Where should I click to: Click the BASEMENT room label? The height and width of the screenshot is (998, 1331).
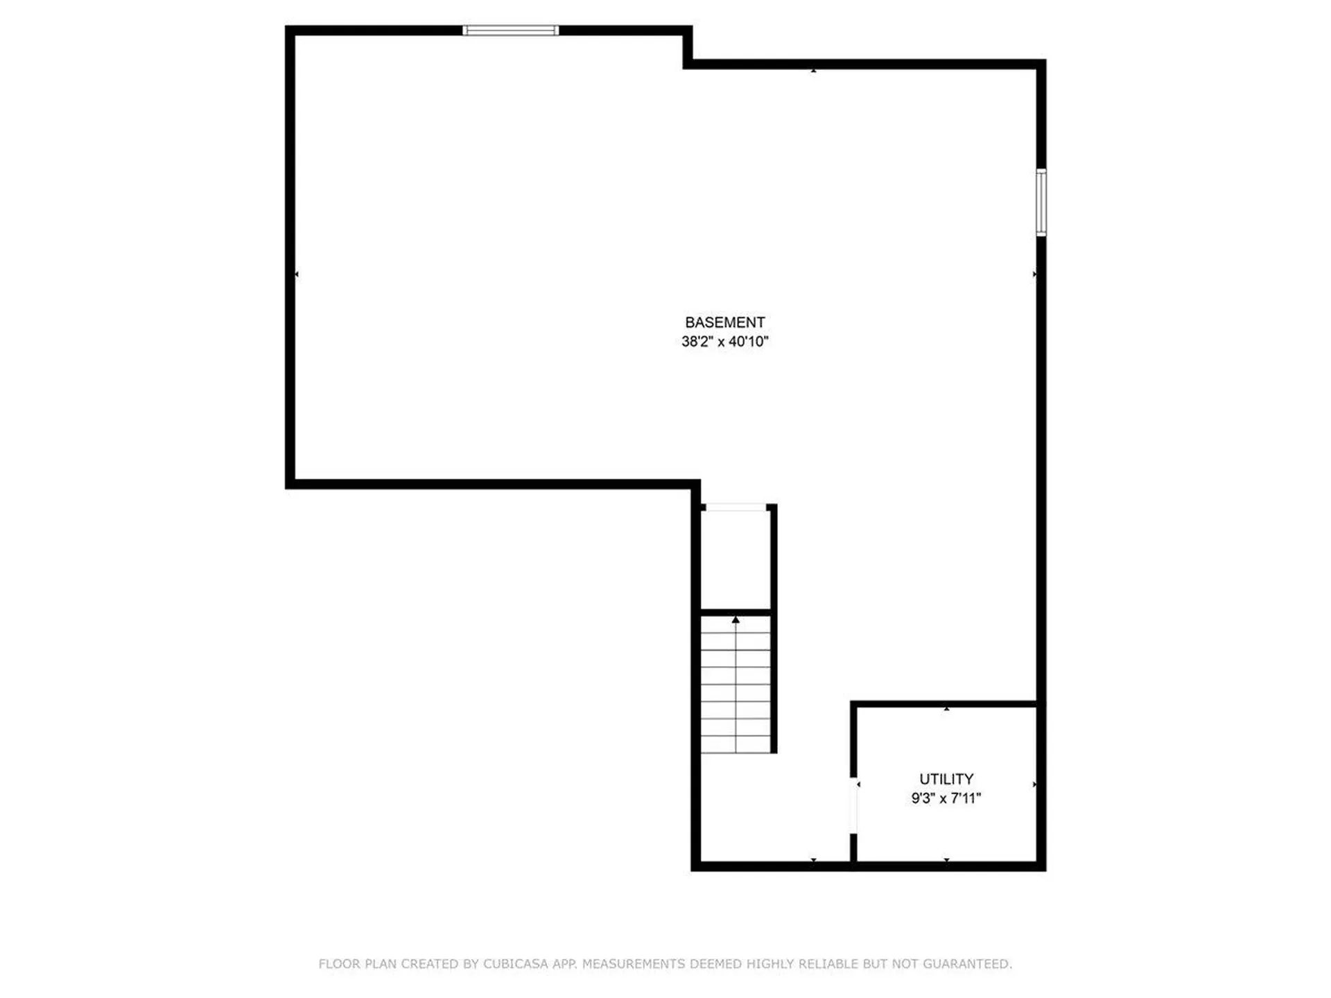point(724,322)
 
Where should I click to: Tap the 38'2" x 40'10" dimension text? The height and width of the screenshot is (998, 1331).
point(724,341)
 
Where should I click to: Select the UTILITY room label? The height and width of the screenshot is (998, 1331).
point(946,779)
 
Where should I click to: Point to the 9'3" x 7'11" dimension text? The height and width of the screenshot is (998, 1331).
point(946,798)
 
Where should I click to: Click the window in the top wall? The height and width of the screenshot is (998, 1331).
point(510,30)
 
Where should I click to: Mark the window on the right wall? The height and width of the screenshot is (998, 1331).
point(1041,202)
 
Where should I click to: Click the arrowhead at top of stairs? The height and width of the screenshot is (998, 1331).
point(736,620)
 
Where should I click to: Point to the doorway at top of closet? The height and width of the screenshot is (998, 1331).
point(735,508)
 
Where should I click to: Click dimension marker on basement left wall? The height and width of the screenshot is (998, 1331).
point(297,274)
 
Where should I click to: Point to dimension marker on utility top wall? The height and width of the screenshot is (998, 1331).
point(946,708)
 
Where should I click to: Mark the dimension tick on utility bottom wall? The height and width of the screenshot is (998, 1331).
point(946,860)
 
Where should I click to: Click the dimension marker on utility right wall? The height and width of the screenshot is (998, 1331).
point(1034,785)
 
